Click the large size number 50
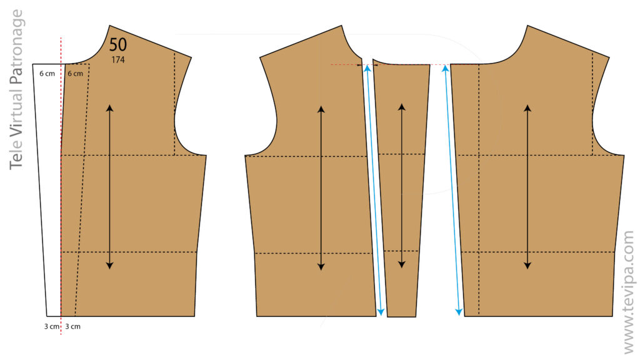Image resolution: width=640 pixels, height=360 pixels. [x=118, y=44]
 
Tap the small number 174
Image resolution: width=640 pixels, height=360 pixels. [x=118, y=60]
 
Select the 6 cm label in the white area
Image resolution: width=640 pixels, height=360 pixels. [x=47, y=74]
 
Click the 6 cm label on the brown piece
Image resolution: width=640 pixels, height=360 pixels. [x=75, y=74]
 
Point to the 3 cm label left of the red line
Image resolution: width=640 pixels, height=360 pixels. [x=51, y=326]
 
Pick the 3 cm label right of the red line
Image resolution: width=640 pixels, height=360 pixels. [x=72, y=326]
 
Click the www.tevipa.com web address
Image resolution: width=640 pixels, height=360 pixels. [x=629, y=292]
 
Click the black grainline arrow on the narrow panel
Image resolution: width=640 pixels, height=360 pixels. [x=402, y=186]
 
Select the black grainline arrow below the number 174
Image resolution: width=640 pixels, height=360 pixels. [x=109, y=187]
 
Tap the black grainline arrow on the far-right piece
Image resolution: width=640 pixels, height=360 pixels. [x=527, y=187]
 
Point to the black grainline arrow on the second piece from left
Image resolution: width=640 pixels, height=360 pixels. [x=321, y=188]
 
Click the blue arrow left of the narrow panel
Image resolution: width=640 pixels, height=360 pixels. [x=374, y=190]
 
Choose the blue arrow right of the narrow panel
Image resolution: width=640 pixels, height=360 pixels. [x=452, y=190]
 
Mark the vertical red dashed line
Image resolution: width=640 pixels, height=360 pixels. [x=61, y=186]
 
